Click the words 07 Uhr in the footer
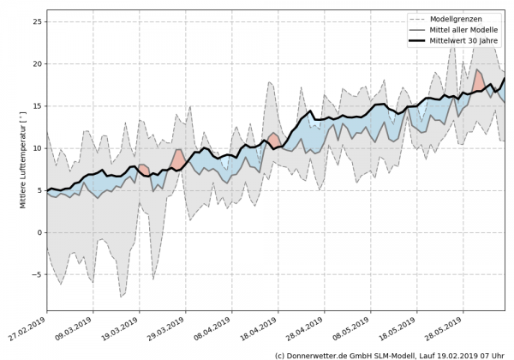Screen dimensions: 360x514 click(x=495, y=354)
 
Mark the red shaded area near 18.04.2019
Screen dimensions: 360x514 click(x=273, y=140)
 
